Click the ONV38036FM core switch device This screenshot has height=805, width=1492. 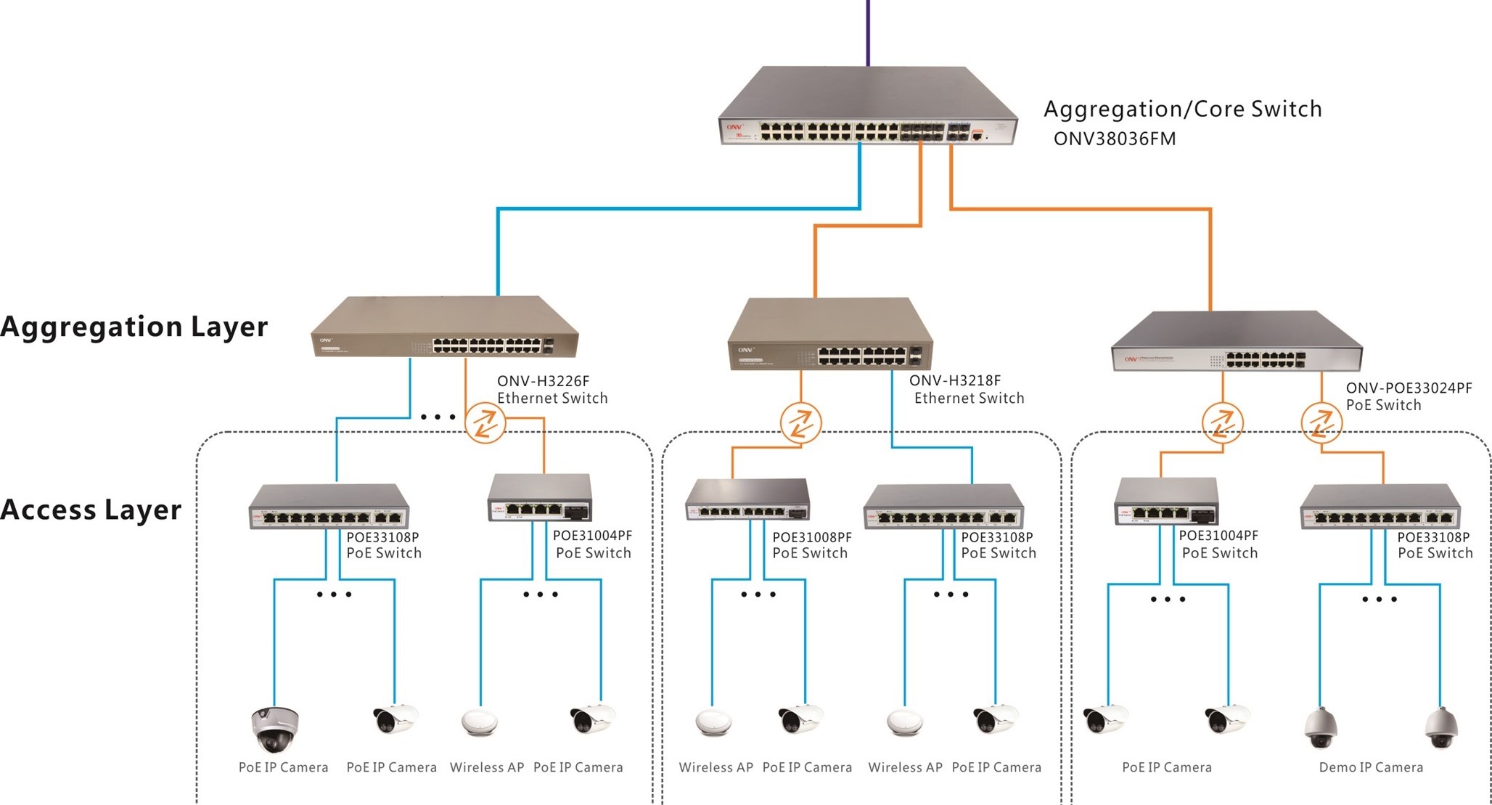pyautogui.click(x=867, y=109)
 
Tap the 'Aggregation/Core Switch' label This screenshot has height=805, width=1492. pyautogui.click(x=1182, y=109)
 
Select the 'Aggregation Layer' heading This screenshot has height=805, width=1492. pyautogui.click(x=134, y=327)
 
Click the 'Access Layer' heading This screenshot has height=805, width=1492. pyautogui.click(x=91, y=510)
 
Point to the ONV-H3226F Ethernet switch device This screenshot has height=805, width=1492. pyautogui.click(x=444, y=328)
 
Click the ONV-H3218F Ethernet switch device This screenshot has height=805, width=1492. pyautogui.click(x=829, y=335)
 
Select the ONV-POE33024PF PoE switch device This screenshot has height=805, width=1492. pyautogui.click(x=1236, y=343)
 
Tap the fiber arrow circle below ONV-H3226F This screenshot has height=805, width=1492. pyautogui.click(x=485, y=422)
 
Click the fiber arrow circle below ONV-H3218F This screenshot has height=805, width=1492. pyautogui.click(x=800, y=422)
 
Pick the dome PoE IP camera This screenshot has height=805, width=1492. pyautogui.click(x=274, y=728)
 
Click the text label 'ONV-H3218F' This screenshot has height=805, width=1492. pyautogui.click(x=954, y=380)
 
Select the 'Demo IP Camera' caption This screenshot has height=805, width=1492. pyautogui.click(x=1370, y=767)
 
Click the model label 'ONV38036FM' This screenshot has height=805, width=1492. pyautogui.click(x=1114, y=139)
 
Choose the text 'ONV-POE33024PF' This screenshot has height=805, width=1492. pyautogui.click(x=1409, y=388)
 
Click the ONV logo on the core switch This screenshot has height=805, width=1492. pyautogui.click(x=734, y=127)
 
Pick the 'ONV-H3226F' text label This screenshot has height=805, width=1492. pyautogui.click(x=543, y=380)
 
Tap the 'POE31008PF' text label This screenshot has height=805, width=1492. pyautogui.click(x=811, y=537)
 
